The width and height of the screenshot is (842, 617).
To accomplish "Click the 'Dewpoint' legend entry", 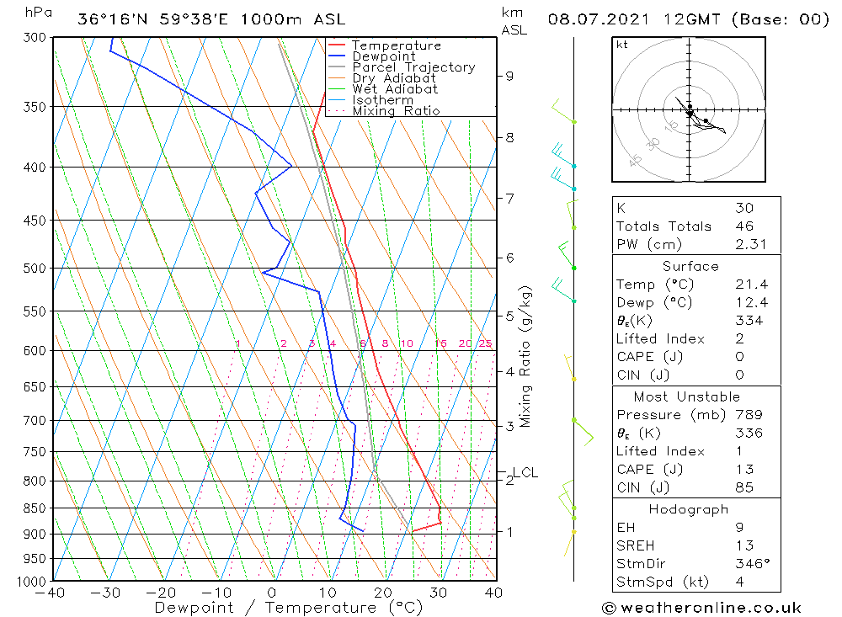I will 383,56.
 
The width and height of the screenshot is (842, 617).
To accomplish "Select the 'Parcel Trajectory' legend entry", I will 413,67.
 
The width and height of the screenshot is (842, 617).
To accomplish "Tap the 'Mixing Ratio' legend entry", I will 396,111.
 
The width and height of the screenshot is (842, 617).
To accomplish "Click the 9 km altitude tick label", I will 509,76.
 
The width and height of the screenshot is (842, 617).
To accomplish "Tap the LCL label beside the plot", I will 525,473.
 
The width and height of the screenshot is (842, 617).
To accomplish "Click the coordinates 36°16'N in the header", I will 114,19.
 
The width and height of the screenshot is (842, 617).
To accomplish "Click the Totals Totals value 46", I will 744,226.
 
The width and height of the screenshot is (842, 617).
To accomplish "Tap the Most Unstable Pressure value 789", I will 749,415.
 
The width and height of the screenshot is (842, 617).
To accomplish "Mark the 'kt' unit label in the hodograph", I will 621,45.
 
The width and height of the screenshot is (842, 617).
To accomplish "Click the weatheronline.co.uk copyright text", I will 701,608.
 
